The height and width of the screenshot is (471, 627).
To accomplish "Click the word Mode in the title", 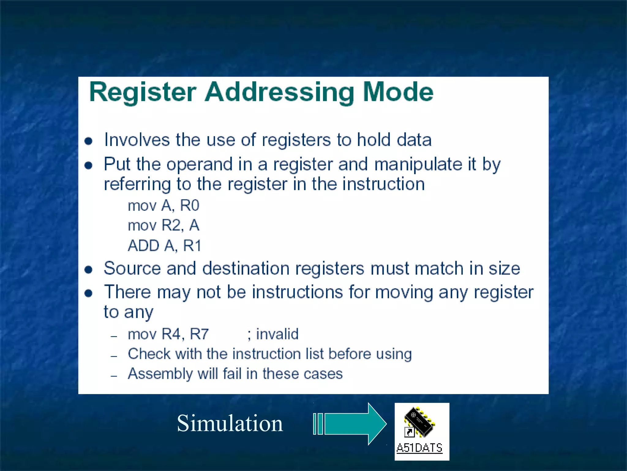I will tap(398, 92).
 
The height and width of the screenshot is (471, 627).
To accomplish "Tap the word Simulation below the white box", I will tap(230, 423).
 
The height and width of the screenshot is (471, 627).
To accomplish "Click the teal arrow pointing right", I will tap(352, 424).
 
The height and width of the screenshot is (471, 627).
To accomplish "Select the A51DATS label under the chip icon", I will tap(419, 448).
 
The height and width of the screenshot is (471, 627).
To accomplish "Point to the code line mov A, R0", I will tap(163, 205).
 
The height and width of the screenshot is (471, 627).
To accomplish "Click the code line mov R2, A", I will tap(163, 226).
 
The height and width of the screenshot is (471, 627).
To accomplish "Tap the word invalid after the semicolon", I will tap(277, 334).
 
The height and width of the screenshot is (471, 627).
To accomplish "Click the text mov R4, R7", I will tap(168, 334).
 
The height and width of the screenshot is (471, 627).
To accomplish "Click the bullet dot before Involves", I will tap(88, 141).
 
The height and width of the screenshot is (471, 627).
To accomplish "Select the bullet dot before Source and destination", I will tap(88, 270).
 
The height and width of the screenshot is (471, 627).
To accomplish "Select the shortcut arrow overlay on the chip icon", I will tap(409, 432).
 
